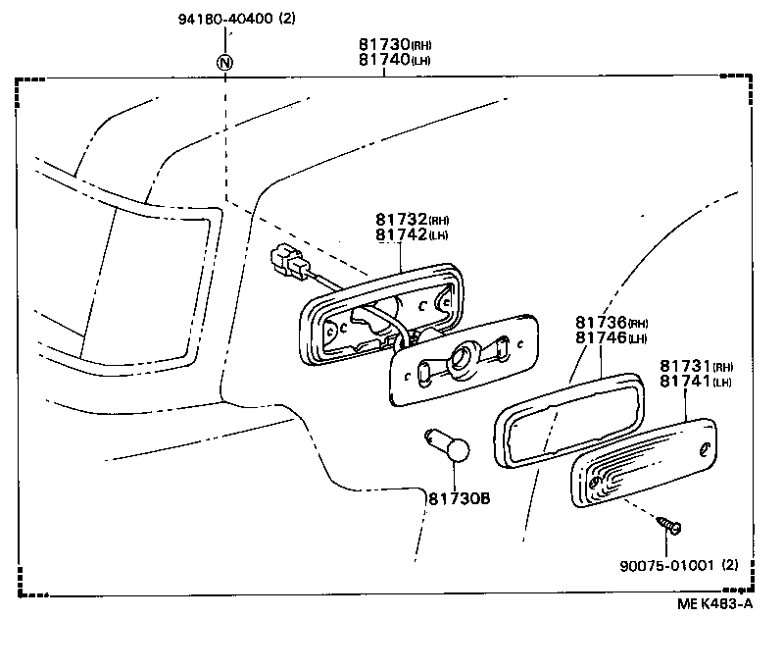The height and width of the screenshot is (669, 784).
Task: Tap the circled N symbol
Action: pos(226,63)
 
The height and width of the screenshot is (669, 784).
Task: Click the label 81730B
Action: pos(458,498)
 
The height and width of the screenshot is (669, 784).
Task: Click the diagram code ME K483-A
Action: pos(716,604)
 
